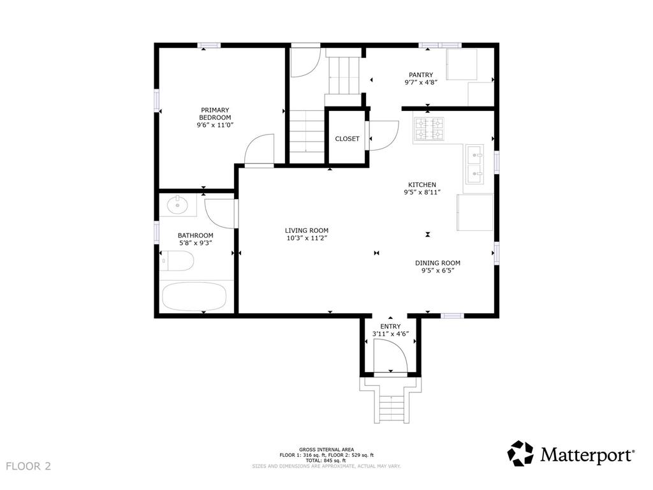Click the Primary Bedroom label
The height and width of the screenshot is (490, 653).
point(215,114)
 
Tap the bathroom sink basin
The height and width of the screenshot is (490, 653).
point(178,205)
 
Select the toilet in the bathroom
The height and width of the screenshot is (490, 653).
point(177,261)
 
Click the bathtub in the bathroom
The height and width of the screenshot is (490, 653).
point(194,296)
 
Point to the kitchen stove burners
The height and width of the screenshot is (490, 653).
point(429,129)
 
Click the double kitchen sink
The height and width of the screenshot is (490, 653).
point(474,164)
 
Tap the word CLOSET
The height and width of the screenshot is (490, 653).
point(347,138)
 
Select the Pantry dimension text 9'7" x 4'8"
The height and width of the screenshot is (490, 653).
point(421,82)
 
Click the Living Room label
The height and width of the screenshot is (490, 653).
point(307,230)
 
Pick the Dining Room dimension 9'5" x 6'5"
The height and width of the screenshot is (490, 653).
point(437,271)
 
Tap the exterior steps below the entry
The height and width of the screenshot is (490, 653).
point(390,399)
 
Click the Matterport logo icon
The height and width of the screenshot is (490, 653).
point(520,454)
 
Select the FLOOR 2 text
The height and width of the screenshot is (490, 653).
point(28,466)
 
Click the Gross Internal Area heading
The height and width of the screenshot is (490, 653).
point(326,450)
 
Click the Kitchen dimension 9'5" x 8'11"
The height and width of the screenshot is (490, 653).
point(422,192)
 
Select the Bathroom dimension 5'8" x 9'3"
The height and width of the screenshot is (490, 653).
point(196,243)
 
